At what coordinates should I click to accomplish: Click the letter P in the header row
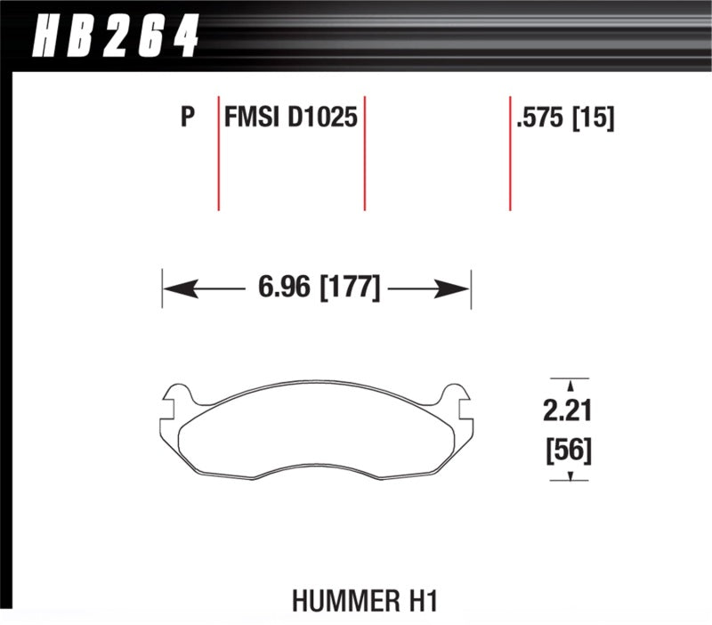point(187,118)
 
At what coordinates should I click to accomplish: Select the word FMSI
point(252,118)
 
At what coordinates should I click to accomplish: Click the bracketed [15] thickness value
point(595,118)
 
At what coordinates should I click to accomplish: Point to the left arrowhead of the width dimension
point(173,288)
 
